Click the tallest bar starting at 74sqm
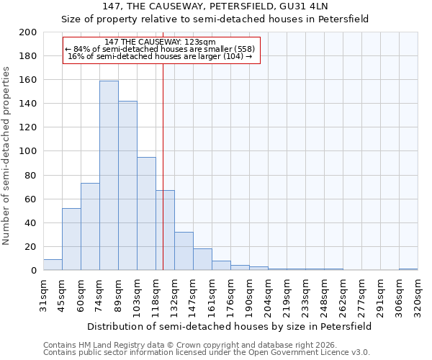tap(109, 176)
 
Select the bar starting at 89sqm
tap(127, 186)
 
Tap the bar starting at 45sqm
tap(71, 239)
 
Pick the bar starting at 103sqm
tap(146, 214)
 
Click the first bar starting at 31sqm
tap(53, 265)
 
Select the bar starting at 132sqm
tap(184, 251)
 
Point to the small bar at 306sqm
tap(408, 269)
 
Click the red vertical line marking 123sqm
tap(163, 166)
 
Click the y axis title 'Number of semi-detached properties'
tap(7, 156)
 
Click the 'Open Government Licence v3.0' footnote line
tap(207, 352)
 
